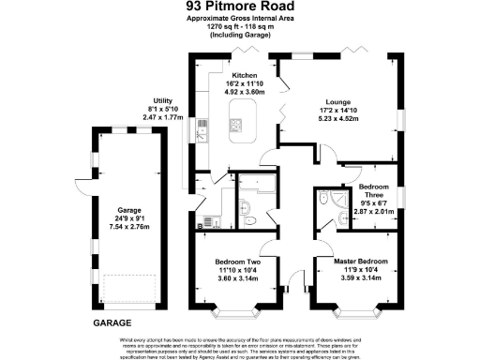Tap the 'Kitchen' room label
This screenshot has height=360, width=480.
click(245, 74)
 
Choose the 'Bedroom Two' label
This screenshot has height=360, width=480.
click(236, 260)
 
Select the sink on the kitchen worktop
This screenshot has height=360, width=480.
click(202, 133)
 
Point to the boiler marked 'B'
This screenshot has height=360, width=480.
click(200, 225)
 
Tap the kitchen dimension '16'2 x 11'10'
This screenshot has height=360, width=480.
click(245, 83)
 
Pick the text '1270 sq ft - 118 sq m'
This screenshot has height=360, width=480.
click(239, 26)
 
